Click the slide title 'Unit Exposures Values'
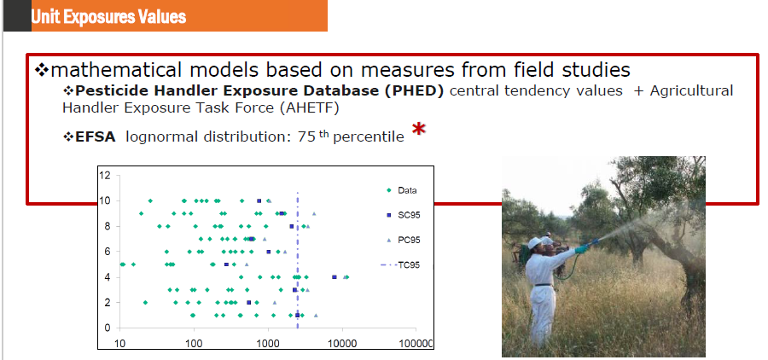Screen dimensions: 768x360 108,17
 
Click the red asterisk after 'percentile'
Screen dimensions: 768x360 419,131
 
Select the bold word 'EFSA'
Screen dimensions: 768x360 96,137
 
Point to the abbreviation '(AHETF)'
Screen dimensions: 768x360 310,108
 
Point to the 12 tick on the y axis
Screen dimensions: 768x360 108,175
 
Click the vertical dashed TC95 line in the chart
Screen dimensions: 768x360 297,260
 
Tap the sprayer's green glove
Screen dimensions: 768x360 581,249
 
